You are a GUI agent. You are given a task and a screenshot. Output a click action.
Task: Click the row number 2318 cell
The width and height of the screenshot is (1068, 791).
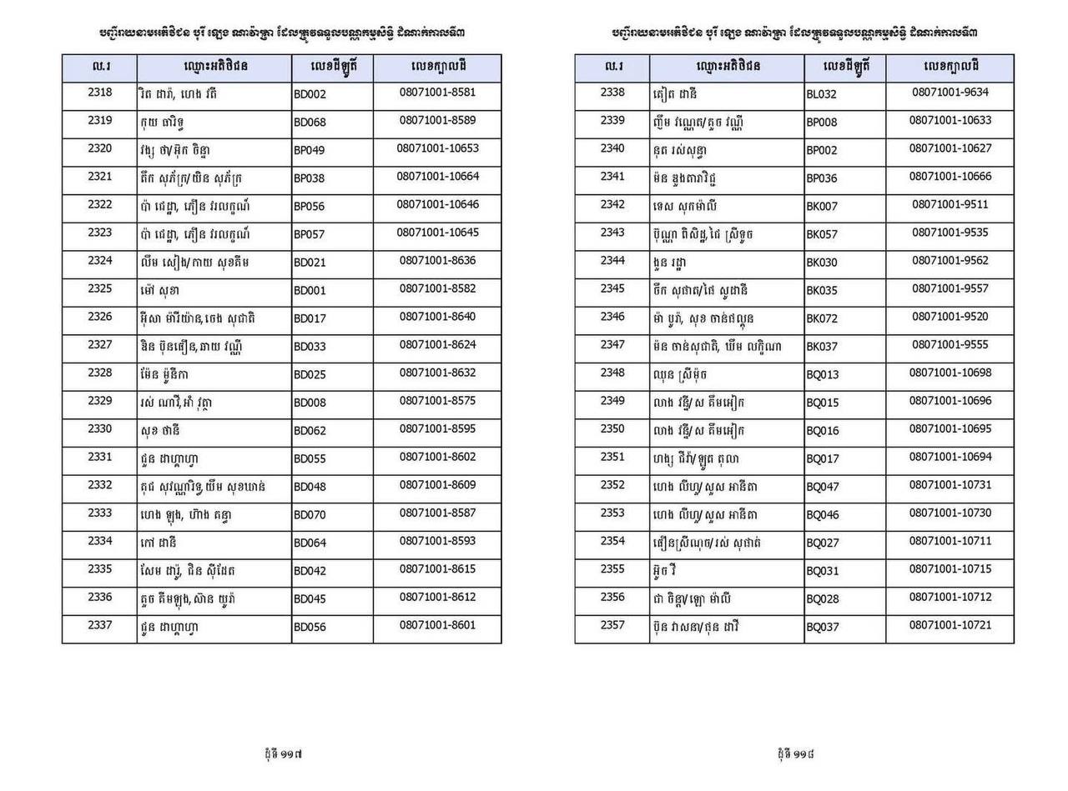point(99,93)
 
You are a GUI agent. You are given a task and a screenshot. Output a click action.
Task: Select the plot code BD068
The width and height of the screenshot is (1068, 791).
point(310,123)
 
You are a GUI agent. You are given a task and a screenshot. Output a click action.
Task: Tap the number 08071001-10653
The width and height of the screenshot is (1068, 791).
point(437,148)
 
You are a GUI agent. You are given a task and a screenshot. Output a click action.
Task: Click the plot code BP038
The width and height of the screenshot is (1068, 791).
point(310,178)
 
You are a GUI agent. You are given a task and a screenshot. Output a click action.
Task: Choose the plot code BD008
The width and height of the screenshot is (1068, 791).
point(310,403)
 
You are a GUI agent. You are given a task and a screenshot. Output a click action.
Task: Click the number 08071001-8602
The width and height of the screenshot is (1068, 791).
point(437,457)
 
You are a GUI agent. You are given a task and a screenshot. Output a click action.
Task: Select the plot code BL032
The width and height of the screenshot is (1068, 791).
point(821,94)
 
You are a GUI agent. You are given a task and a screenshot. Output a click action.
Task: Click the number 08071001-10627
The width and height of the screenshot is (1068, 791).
point(950,148)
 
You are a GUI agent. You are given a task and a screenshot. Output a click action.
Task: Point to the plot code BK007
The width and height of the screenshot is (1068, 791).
point(821,206)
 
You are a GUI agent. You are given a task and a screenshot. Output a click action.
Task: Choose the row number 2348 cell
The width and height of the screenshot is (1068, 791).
point(612,373)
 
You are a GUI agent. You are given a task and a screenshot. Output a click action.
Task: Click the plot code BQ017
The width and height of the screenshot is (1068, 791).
point(822,458)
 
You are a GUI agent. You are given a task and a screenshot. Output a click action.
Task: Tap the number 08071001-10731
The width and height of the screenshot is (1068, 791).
point(950,485)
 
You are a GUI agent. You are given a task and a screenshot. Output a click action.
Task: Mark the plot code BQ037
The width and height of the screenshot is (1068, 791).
point(822,627)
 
